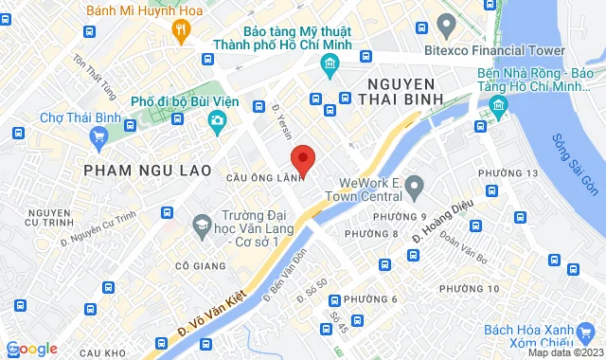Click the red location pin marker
point(301,159)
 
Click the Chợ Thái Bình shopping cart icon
point(98,138)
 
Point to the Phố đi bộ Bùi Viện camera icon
point(218,120)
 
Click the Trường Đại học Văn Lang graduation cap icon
point(201,225)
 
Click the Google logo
point(31,349)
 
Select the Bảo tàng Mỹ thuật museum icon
point(330,65)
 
